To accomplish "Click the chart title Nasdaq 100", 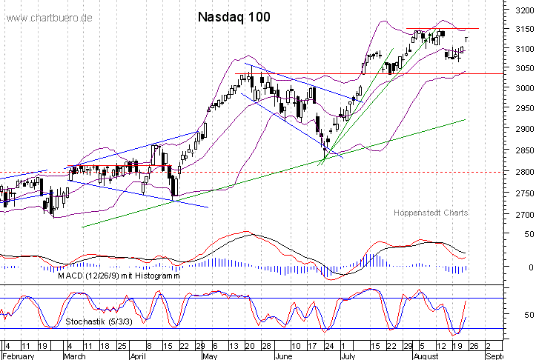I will pos(234,16).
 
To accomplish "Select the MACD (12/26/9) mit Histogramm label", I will pos(118,275).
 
